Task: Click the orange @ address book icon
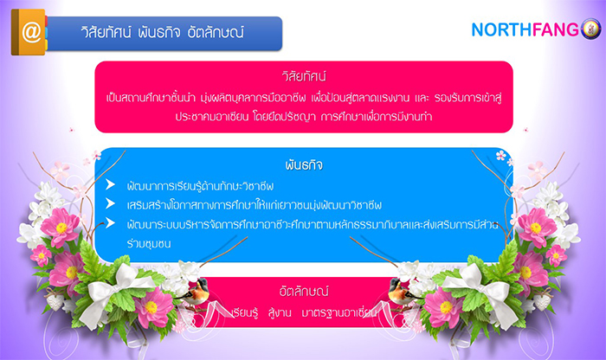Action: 29,32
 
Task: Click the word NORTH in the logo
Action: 502,29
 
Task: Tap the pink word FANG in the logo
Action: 556,29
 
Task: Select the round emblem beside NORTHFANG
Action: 591,29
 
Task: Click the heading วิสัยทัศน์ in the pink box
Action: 304,75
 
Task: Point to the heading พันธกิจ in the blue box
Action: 304,165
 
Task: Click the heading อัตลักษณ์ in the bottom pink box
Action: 304,291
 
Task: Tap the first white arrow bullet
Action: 110,184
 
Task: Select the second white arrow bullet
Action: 110,203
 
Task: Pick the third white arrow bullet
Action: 110,223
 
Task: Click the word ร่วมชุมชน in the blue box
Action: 149,244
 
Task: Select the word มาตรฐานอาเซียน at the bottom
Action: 338,312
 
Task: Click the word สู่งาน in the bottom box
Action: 280,312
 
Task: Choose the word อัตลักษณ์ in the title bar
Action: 216,32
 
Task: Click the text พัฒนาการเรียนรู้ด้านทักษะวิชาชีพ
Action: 200,186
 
